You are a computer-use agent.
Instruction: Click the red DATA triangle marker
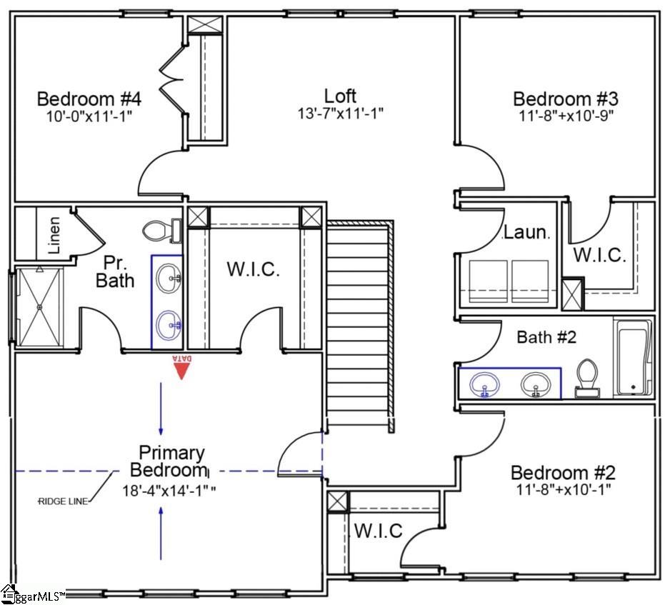[x=181, y=371]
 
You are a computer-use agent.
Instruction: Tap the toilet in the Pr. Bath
[x=162, y=231]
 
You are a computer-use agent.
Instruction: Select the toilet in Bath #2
[x=587, y=379]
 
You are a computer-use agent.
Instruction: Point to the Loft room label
[x=340, y=96]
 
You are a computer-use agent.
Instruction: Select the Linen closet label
[x=54, y=235]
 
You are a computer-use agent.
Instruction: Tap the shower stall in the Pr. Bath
[x=40, y=307]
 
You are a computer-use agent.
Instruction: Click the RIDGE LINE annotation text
[x=63, y=501]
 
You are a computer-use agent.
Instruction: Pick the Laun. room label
[x=526, y=232]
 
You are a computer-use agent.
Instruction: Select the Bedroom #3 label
[x=565, y=99]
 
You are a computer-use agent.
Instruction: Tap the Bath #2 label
[x=546, y=337]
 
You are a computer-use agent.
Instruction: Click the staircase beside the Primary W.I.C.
[x=360, y=326]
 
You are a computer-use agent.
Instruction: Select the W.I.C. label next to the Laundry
[x=600, y=255]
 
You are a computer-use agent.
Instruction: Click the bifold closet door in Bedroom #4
[x=172, y=80]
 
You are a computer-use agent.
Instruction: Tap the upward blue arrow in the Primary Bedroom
[x=161, y=533]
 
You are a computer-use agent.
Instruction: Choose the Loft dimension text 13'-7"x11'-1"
[x=340, y=114]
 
